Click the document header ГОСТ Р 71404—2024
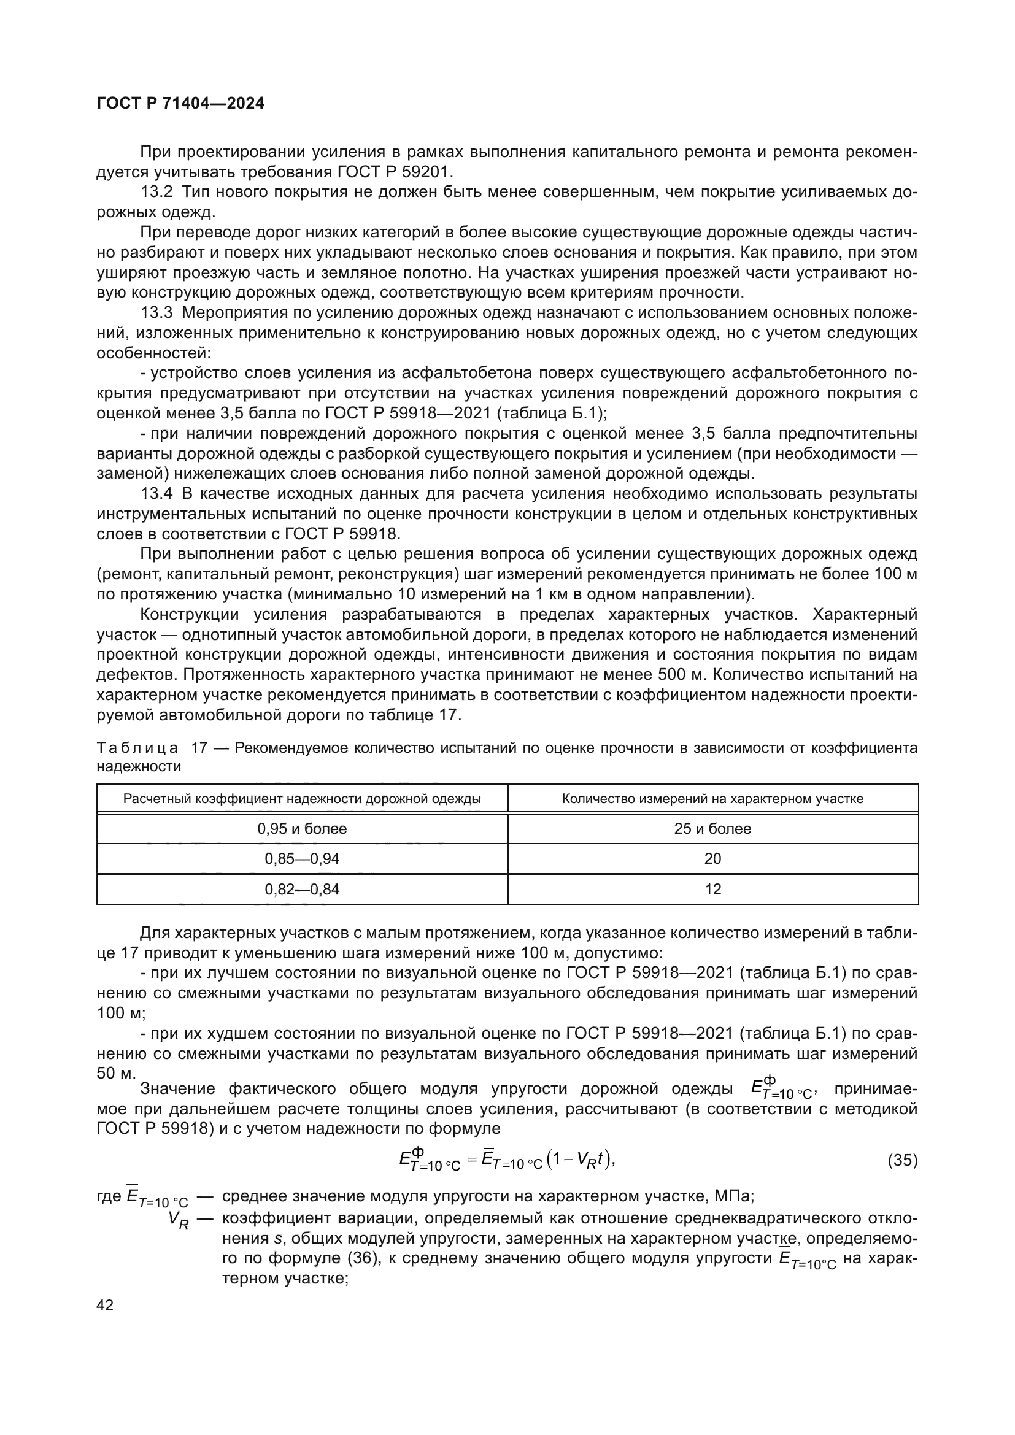[180, 104]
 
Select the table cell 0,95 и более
[302, 829]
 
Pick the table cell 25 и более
[712, 829]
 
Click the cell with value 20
[712, 859]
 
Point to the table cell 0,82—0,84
[302, 889]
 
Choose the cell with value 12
[712, 889]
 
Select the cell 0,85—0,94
[302, 859]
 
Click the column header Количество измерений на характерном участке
[712, 799]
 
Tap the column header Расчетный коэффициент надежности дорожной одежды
[302, 799]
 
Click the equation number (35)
[903, 1161]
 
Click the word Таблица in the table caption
[137, 748]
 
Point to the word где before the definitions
[109, 1196]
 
